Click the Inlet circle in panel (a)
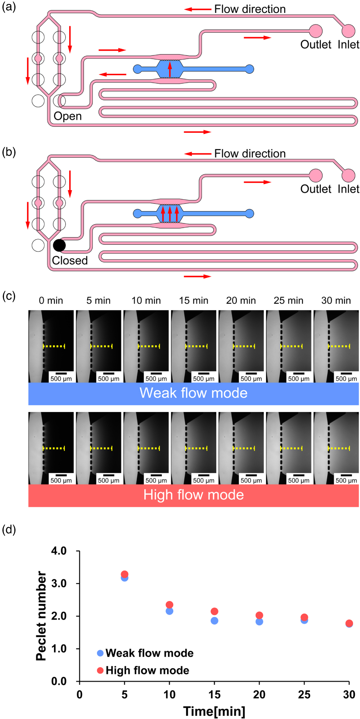pos(348,31)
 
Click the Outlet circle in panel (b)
pos(316,176)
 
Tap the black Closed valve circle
pos(59,245)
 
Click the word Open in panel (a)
pos(68,116)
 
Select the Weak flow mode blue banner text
pos(193,393)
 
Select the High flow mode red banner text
pos(193,495)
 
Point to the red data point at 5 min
pos(125,574)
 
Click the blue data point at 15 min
pos(215,621)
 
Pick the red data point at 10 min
pos(170,605)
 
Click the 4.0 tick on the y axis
pos(59,551)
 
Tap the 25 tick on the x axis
pos(304,695)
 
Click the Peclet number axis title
pos(41,616)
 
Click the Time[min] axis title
pos(214,711)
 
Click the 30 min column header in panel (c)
pos(336,300)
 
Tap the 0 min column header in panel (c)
pos(51,300)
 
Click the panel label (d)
pos(9,529)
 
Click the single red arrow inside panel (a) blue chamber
pos(170,69)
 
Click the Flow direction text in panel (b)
pos(250,154)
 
